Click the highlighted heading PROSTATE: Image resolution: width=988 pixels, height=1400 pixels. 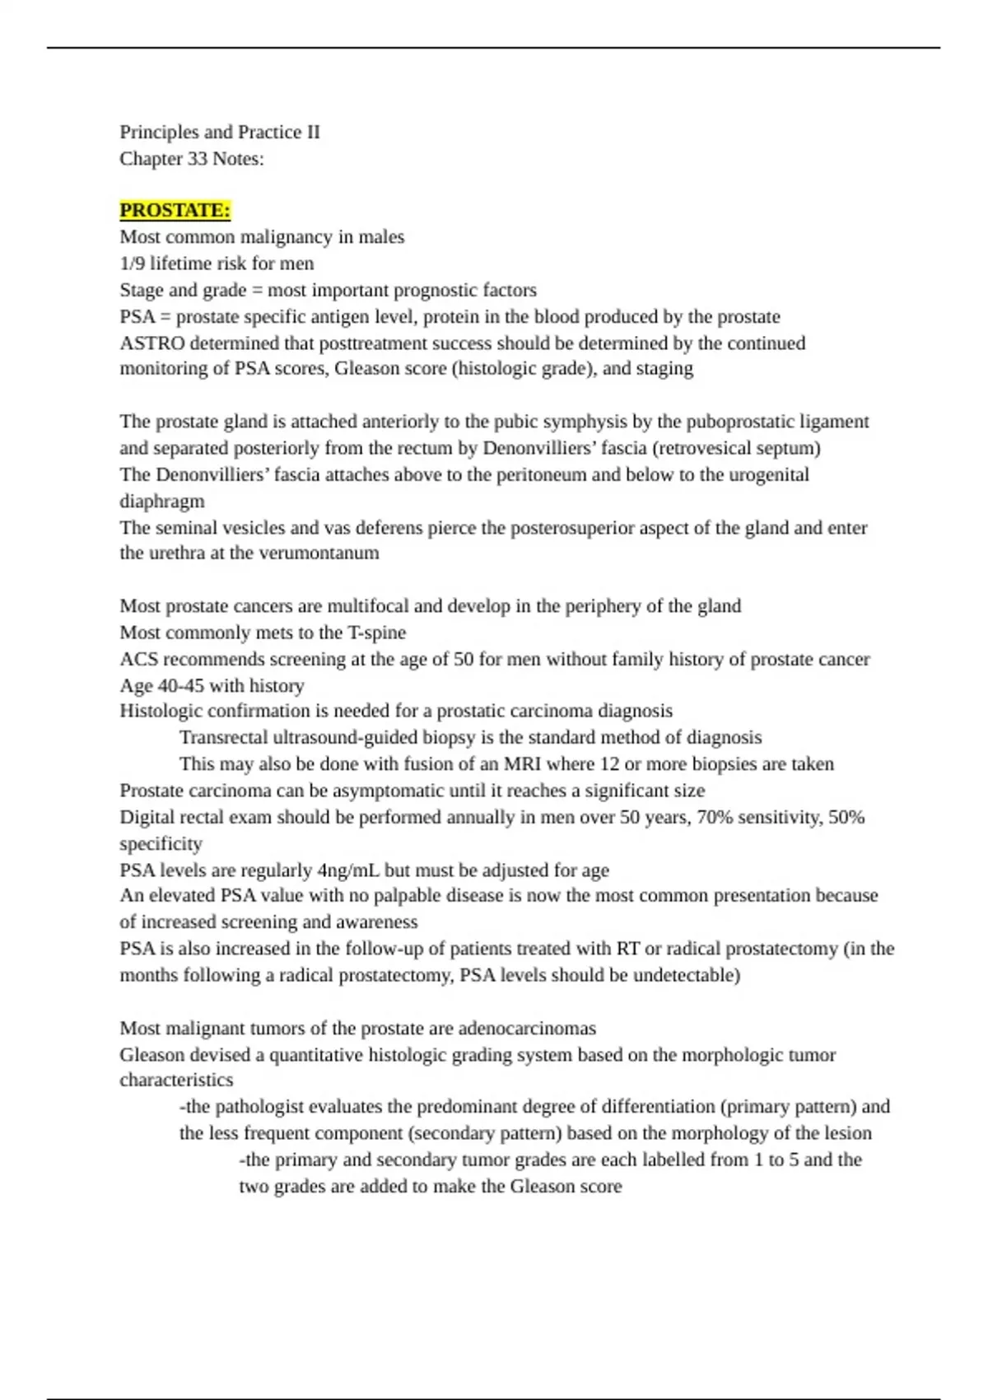coord(175,211)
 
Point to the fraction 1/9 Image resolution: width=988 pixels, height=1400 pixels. coord(133,264)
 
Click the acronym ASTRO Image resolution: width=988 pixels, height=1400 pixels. coord(152,343)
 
